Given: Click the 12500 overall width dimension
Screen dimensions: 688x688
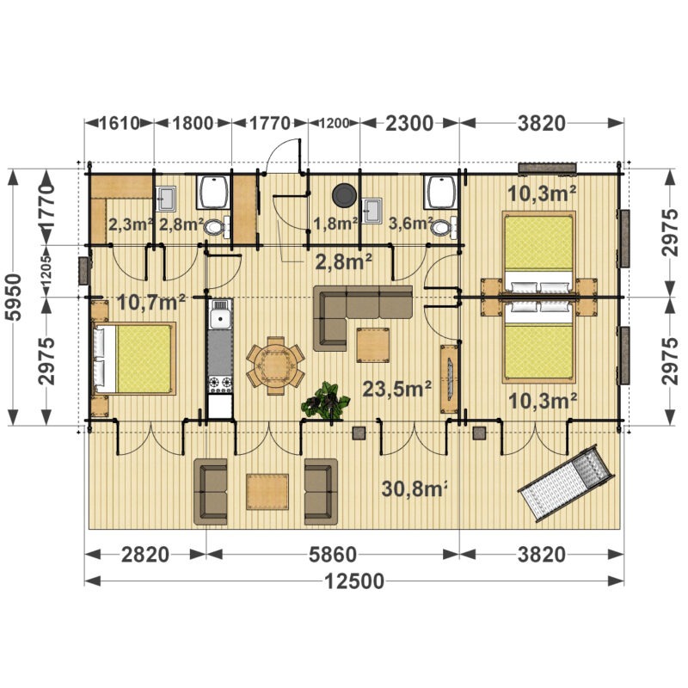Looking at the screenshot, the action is point(354,581).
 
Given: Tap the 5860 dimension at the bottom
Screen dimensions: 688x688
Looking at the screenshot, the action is point(333,555).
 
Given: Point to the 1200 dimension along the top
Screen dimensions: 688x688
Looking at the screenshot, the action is point(334,123).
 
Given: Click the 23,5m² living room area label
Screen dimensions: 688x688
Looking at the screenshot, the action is point(396,389).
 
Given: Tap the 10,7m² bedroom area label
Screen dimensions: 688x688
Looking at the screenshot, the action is point(151,302).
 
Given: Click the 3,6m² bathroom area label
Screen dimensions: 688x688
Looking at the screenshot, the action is point(411,223).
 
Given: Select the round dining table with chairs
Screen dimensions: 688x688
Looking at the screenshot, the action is point(275,365).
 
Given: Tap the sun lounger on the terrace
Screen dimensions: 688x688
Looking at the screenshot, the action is point(566,483).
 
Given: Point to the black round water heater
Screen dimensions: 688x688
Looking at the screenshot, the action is point(345,195).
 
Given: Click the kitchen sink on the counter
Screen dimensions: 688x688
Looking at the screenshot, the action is point(220,314).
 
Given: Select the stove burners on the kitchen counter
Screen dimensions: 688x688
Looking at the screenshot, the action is point(220,384).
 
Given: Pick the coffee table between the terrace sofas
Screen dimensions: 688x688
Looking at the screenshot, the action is point(267,492).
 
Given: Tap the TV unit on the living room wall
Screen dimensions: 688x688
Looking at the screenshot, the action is point(449,378).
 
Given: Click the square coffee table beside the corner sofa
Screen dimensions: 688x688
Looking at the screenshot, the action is point(372,346).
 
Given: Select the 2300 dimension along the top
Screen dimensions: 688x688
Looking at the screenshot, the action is point(409,123).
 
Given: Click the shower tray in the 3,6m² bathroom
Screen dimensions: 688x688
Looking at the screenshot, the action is point(440,191).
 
